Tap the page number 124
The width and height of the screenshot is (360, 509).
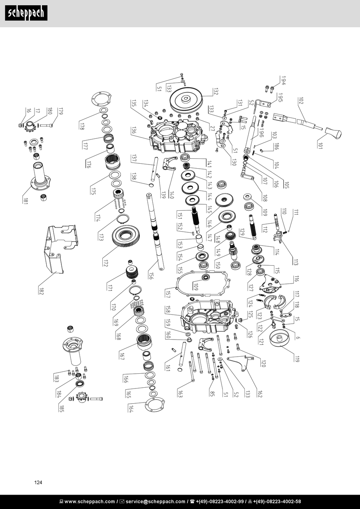click(x=38, y=482)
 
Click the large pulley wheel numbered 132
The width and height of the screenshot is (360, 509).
click(x=186, y=100)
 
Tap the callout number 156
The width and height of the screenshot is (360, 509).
click(x=151, y=275)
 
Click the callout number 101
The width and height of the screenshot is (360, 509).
click(x=320, y=146)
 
